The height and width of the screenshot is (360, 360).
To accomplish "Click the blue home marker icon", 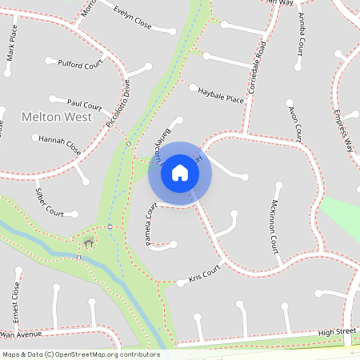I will click(x=179, y=172).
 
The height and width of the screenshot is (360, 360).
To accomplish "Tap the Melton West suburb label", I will click(x=56, y=117).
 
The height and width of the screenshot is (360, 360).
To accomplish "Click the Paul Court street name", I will click(x=84, y=104).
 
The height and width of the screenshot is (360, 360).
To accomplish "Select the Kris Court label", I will click(x=203, y=274).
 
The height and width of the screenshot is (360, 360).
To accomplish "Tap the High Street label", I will click(x=336, y=331).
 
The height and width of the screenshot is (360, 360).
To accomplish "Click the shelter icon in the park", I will click(x=88, y=242).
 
